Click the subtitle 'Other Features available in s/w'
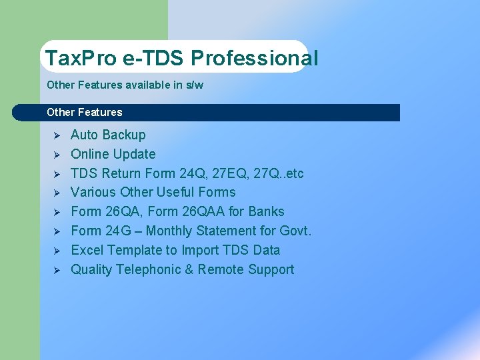click(x=125, y=85)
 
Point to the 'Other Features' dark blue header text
click(x=85, y=112)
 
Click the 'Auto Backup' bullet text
click(x=108, y=135)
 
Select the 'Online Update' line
click(x=113, y=154)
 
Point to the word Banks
click(x=266, y=212)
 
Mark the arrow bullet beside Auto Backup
click(x=57, y=135)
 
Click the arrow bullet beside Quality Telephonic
click(x=57, y=271)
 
